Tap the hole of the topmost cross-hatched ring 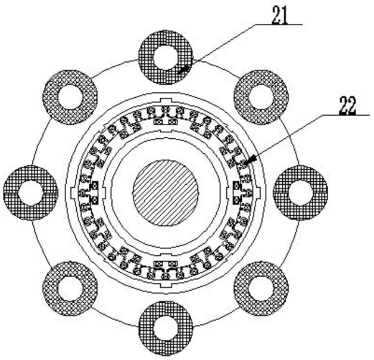click(166, 58)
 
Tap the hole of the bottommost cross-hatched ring click(166, 327)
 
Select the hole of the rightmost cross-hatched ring click(300, 193)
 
